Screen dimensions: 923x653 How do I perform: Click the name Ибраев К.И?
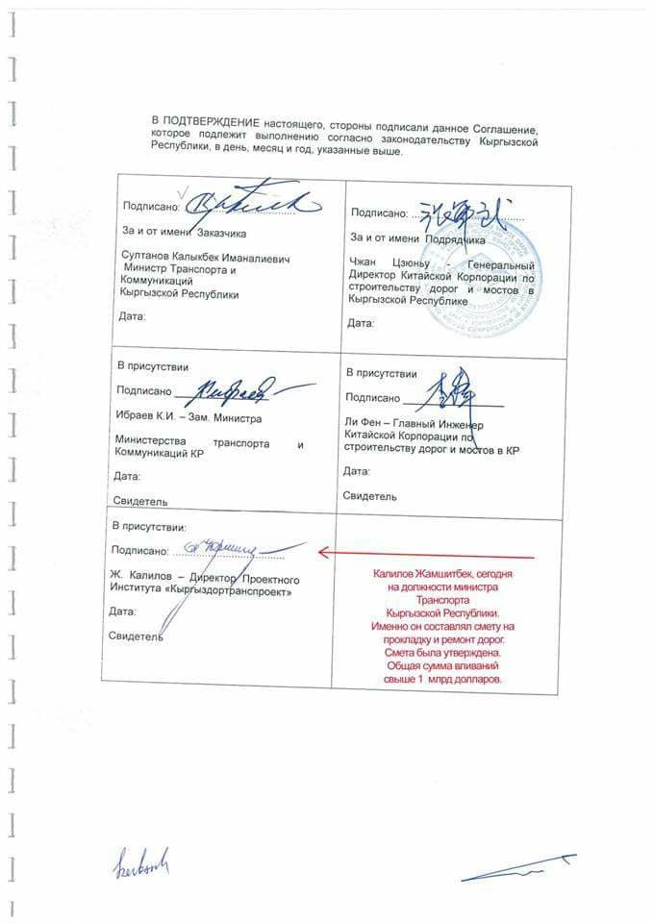[x=143, y=417]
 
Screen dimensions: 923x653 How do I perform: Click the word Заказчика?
[x=222, y=233]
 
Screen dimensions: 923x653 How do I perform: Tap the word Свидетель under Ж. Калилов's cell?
[x=136, y=636]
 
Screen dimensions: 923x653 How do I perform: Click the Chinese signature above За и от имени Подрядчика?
[x=463, y=209]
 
